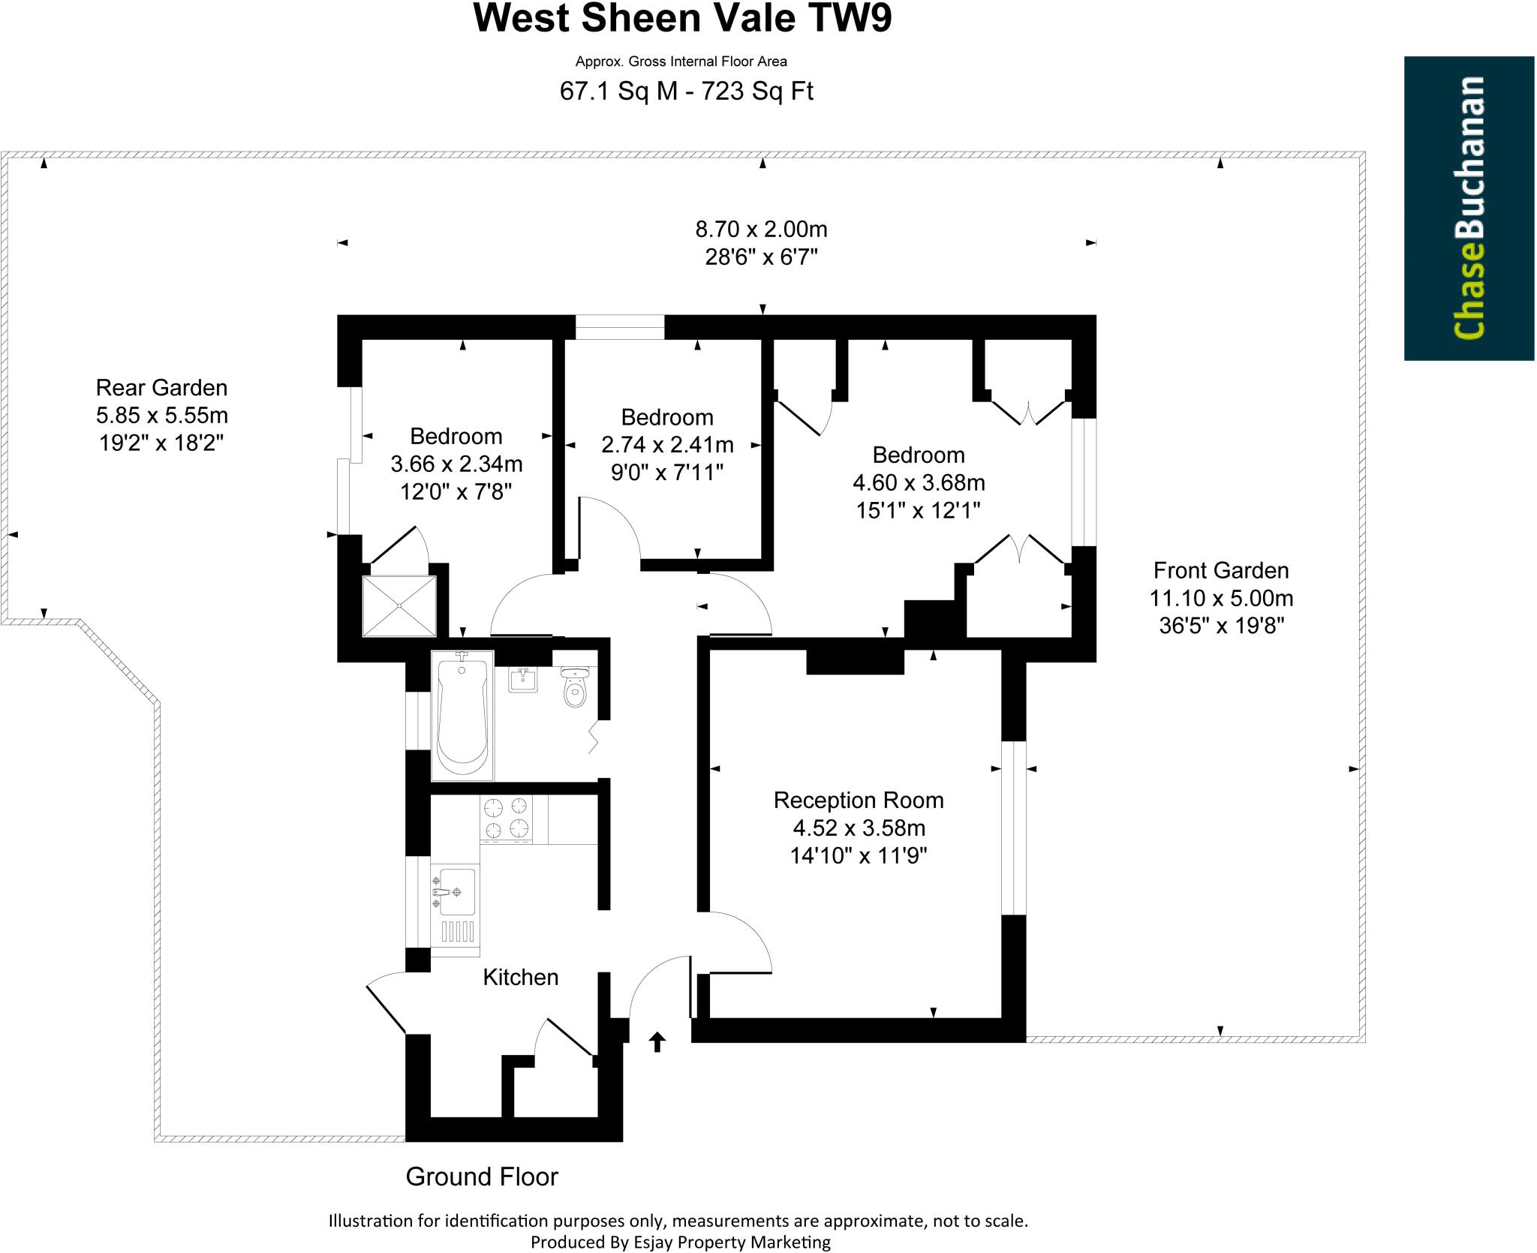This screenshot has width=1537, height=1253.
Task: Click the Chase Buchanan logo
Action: coord(1468,208)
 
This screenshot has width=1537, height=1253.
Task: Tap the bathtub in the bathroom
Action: coord(462,716)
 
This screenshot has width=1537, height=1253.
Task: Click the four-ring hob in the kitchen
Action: coord(506,819)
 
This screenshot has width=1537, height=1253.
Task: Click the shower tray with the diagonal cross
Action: coord(399,605)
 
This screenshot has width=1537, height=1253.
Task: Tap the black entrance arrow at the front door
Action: coord(657,1041)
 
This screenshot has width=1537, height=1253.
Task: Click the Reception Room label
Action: coord(859,800)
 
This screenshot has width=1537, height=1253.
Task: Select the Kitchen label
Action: coord(520,977)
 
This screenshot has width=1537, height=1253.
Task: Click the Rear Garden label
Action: coord(161,388)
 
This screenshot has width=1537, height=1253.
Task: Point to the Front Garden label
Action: coord(1220,570)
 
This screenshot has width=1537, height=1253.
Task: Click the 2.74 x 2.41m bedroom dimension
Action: coord(667,445)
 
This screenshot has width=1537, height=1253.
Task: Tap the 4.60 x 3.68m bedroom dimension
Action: coord(919,482)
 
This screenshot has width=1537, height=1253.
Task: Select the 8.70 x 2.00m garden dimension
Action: coord(761,228)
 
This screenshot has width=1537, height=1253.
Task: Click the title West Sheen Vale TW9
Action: coord(682,19)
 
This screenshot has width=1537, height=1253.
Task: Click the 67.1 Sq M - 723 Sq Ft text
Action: coord(686,92)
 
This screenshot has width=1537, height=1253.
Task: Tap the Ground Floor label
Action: coord(482,1176)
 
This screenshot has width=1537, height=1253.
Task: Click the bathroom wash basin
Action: coord(523,680)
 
